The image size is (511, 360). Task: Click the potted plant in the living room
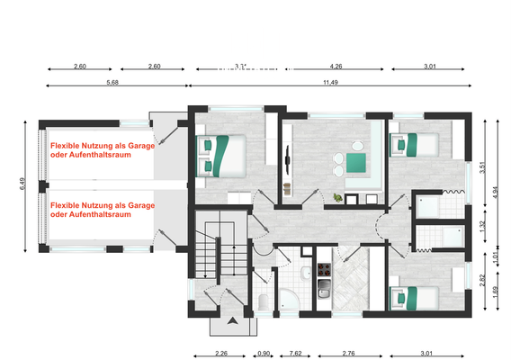tap(337, 197)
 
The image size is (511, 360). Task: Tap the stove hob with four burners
tap(324, 270)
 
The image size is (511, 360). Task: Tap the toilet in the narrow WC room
tap(261, 301)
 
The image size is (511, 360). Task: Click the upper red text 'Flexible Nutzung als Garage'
tap(103, 144)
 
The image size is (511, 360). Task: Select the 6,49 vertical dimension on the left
tap(23, 184)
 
